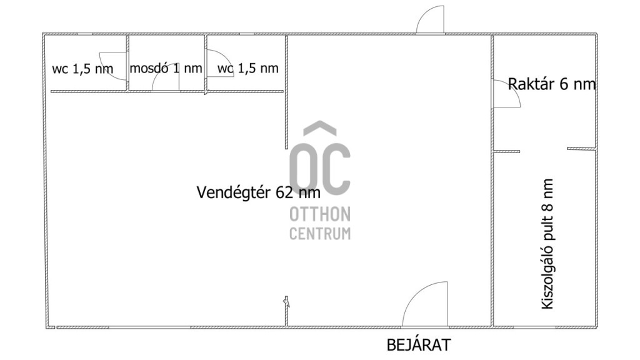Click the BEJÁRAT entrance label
(x=418, y=345)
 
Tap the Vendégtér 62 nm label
(x=258, y=192)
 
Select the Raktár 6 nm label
(x=551, y=84)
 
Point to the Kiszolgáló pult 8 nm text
(x=547, y=244)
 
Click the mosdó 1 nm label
(x=166, y=67)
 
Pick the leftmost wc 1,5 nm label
(x=82, y=69)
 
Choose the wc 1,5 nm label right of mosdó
(x=247, y=67)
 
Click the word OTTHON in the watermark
(x=319, y=214)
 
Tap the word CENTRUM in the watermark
(x=319, y=233)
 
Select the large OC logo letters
(x=319, y=169)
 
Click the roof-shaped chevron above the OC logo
(x=320, y=127)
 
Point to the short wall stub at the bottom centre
(x=286, y=311)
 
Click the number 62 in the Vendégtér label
(x=284, y=192)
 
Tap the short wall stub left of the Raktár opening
(x=507, y=151)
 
